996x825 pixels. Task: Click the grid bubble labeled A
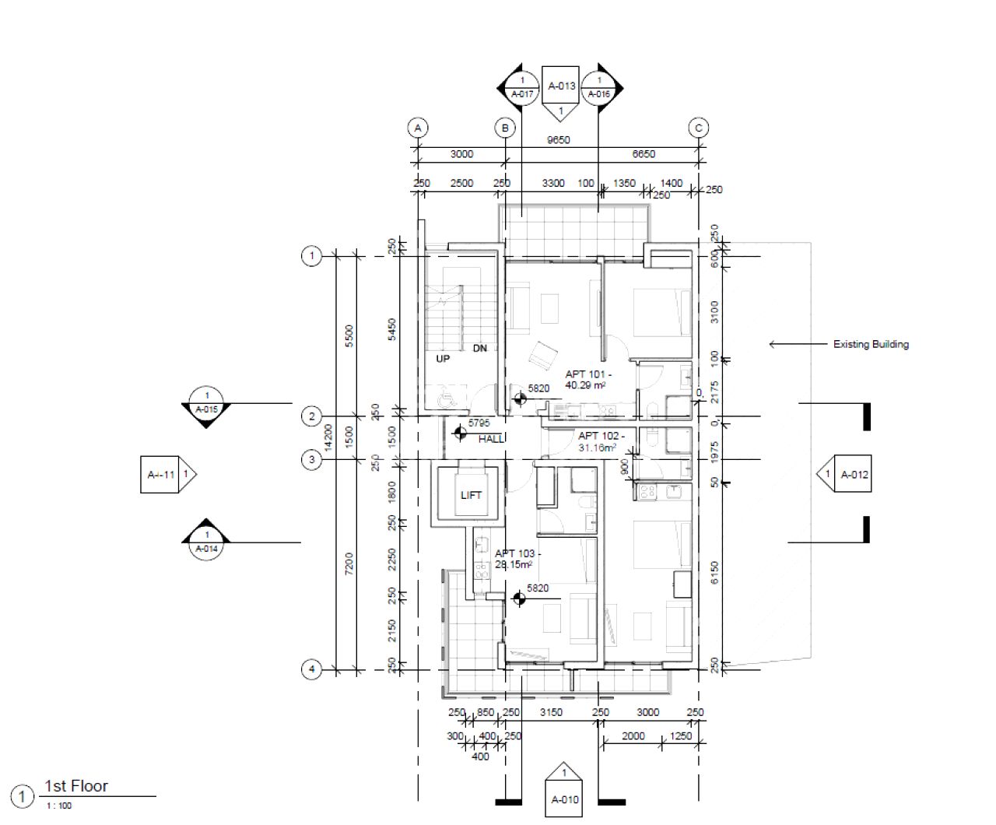click(x=418, y=128)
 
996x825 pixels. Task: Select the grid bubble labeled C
click(x=699, y=128)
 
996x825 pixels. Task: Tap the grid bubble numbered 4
click(x=311, y=669)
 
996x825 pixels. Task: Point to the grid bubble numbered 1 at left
click(x=311, y=255)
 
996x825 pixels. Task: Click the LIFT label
click(x=471, y=495)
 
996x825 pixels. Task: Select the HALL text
click(x=491, y=439)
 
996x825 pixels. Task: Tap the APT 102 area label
click(x=598, y=441)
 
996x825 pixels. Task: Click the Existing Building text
click(x=871, y=344)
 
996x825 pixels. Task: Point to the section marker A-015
click(x=207, y=404)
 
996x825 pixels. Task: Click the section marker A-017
click(x=522, y=87)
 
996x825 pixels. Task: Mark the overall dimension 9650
click(x=559, y=140)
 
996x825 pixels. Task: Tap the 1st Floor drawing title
click(x=76, y=786)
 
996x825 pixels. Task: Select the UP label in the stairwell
click(x=443, y=359)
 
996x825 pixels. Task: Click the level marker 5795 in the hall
click(x=479, y=423)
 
